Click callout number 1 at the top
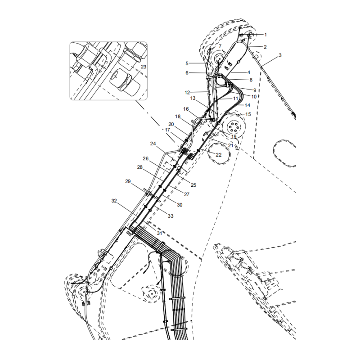[x=265, y=34]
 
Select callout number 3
[x=280, y=55]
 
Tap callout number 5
[x=187, y=63]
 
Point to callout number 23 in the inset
[x=143, y=67]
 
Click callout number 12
[x=187, y=92]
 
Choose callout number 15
[x=248, y=114]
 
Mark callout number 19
[x=234, y=137]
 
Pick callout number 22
[x=219, y=155]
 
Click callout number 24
[x=153, y=144]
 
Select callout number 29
[x=128, y=181]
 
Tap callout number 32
[x=114, y=201]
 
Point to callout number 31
[x=159, y=233]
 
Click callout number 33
[x=171, y=216]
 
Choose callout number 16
[x=186, y=109]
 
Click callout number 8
[x=251, y=80]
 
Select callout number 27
[x=186, y=194]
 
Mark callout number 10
[x=254, y=96]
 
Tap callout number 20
[x=171, y=124]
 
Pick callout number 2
[x=265, y=47]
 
